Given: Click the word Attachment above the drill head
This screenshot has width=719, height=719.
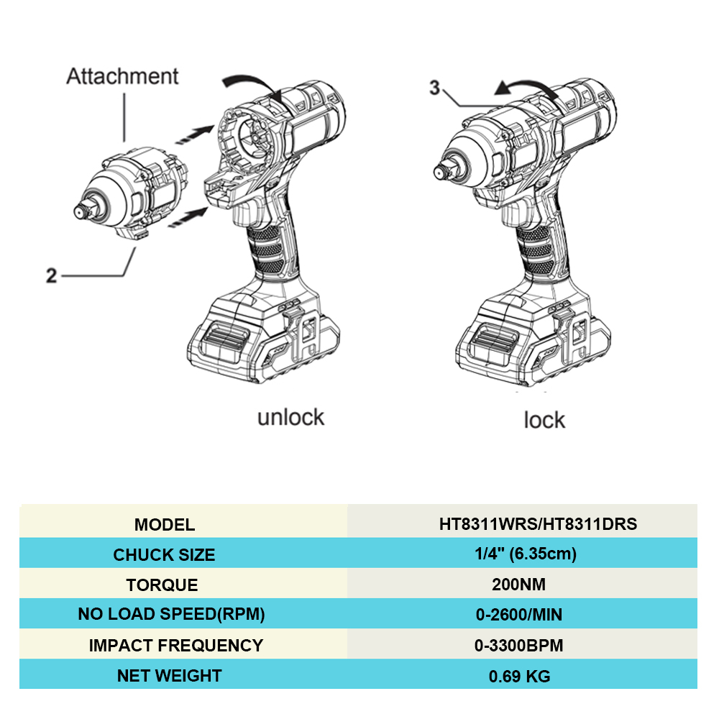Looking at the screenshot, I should pos(122,76).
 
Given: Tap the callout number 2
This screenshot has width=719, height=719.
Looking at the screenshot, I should pos(52,275).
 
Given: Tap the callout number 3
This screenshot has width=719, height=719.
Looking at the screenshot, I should pos(434,88).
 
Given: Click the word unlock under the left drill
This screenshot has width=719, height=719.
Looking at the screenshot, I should pos(290,417).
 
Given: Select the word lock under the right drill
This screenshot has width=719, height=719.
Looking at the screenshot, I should pos(544,420).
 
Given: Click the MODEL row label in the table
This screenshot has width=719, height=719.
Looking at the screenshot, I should pos(164,525).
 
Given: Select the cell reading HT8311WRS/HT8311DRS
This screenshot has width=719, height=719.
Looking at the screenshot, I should pos(538,524).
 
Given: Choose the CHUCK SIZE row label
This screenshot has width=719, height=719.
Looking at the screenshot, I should pos(164,555).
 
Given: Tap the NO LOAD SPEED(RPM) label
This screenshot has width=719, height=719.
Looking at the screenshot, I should pos(171,615).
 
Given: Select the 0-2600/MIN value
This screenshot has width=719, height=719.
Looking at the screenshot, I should pos(518,615).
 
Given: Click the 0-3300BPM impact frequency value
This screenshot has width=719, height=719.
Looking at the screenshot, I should pos(518,646).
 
